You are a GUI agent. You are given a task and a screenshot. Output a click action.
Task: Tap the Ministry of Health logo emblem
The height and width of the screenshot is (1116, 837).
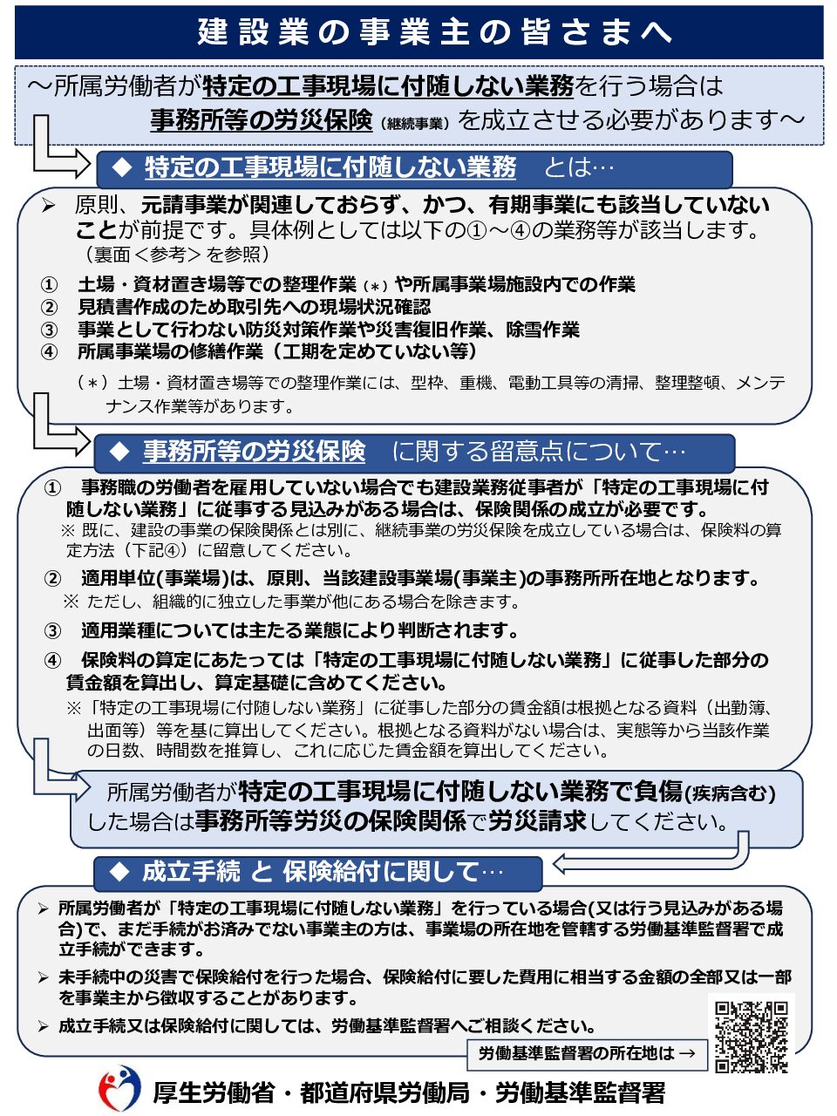119,1089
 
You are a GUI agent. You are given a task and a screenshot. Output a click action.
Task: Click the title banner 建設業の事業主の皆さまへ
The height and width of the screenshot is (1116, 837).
418,32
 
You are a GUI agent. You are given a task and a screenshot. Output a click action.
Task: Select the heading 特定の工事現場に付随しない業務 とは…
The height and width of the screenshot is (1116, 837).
413,167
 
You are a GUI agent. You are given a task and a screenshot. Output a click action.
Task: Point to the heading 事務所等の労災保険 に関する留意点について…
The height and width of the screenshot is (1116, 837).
413,451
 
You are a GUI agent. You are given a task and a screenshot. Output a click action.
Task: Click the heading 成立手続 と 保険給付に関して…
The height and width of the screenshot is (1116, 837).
317,871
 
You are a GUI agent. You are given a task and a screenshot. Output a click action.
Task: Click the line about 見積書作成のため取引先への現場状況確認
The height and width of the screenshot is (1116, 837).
254,307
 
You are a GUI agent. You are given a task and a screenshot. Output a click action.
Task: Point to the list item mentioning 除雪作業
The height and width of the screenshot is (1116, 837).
328,330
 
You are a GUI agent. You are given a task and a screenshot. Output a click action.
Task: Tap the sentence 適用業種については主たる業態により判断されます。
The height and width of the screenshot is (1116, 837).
300,630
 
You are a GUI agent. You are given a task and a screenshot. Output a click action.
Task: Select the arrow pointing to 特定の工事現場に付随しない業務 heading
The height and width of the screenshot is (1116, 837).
58,155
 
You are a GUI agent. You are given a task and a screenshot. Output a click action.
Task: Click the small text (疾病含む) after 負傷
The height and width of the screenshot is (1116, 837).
731,793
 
